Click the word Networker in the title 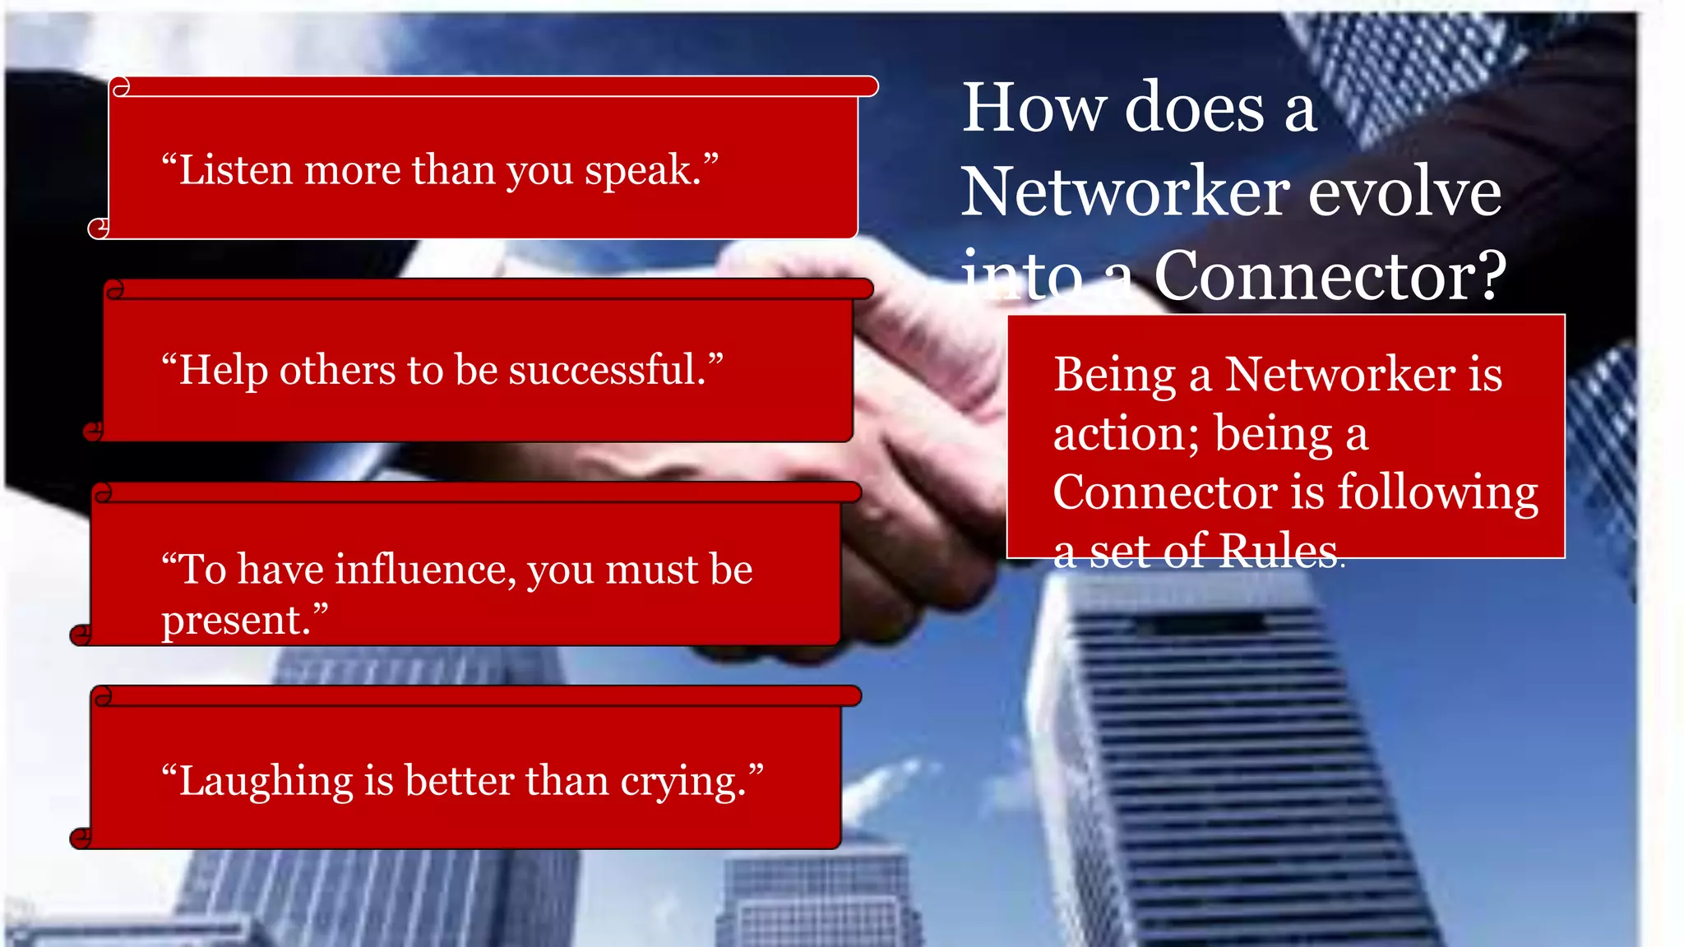[x=1127, y=193]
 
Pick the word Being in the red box [x=1115, y=375]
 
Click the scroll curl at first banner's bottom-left [x=99, y=228]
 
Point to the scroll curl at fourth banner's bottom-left [x=81, y=838]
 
